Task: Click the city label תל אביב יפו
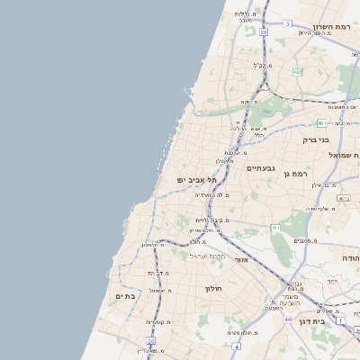click(197, 180)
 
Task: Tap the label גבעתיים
click(260, 167)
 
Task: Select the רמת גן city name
click(294, 173)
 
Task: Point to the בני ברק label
click(317, 140)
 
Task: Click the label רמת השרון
click(329, 27)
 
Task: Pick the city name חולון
click(213, 288)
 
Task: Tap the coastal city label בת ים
click(124, 295)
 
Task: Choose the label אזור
click(240, 259)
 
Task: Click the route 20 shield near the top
click(263, 31)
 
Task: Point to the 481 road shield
click(274, 229)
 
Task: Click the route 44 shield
click(286, 319)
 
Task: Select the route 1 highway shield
click(340, 320)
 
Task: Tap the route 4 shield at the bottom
click(235, 345)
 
